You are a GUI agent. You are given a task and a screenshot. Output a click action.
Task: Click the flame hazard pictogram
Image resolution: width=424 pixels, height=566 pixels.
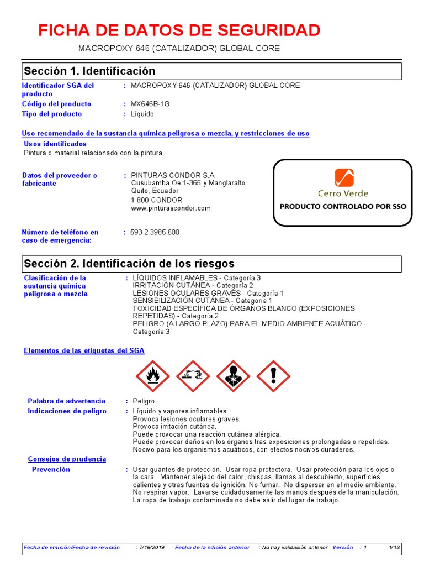tap(152, 376)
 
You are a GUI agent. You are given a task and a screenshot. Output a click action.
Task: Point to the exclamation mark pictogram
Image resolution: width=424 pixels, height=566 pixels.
tap(273, 376)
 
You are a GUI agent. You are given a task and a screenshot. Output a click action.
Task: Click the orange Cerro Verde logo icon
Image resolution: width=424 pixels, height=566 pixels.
tap(343, 178)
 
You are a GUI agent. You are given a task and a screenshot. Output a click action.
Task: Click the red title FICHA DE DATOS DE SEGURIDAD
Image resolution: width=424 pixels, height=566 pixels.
tap(179, 30)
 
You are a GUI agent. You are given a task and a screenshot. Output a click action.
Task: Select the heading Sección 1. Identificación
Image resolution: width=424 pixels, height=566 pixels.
tap(89, 71)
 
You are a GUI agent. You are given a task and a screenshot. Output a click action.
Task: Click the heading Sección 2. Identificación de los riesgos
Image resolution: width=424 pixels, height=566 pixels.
tap(129, 264)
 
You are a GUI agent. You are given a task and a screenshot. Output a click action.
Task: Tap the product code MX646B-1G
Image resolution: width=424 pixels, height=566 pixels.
tap(150, 104)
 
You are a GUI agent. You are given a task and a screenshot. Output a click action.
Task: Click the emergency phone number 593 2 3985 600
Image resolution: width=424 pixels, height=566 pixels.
tap(155, 232)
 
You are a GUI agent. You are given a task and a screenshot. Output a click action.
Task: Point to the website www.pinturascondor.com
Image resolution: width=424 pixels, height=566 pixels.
tap(171, 208)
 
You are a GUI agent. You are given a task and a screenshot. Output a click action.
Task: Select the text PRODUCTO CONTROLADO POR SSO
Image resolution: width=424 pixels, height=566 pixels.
tap(343, 207)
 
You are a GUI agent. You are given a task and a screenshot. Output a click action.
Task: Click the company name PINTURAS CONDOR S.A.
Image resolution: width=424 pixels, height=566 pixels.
tap(173, 175)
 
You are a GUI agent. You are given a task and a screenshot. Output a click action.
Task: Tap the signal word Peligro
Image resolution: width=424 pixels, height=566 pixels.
tap(144, 401)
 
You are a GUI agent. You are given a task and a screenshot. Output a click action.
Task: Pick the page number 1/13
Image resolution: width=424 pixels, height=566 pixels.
tap(394, 547)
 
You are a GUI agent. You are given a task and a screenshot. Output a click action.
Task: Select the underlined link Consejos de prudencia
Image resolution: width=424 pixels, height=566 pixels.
tap(67, 459)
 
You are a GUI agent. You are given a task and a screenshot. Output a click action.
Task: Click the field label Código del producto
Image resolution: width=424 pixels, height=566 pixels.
tap(56, 104)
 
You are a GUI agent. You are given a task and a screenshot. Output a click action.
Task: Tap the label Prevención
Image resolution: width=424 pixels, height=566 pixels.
tap(51, 469)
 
